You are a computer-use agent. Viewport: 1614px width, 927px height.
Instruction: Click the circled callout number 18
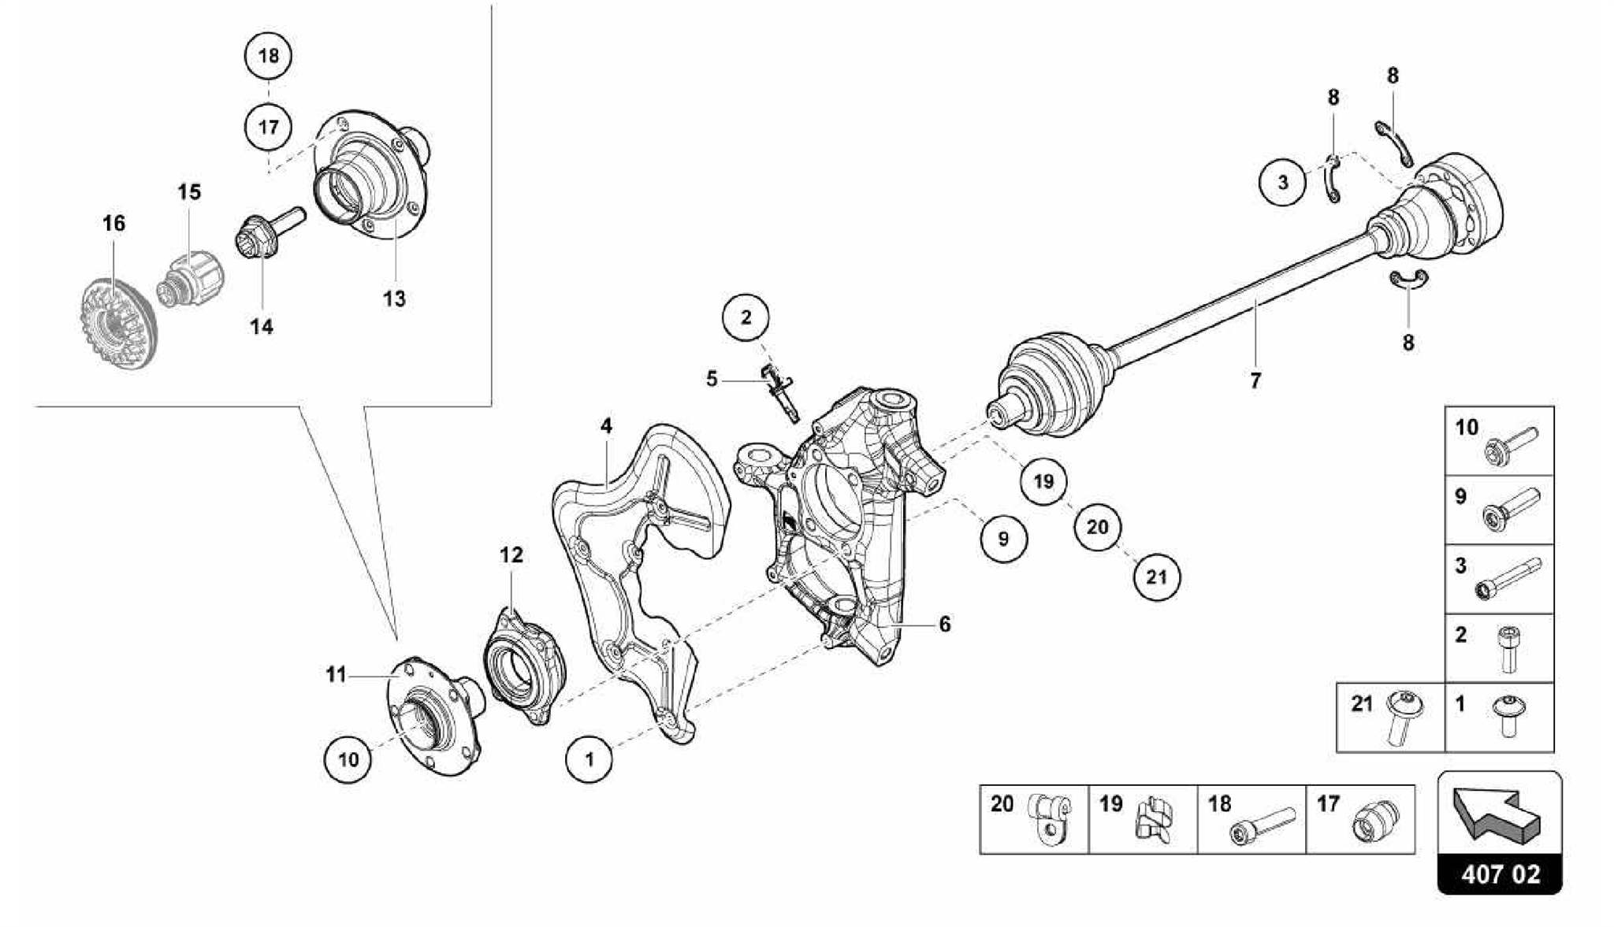[268, 55]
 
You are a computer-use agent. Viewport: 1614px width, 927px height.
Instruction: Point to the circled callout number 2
[746, 317]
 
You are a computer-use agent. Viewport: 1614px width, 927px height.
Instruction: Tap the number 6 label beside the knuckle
[944, 624]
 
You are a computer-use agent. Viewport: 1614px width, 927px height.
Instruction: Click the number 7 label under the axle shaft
[1255, 380]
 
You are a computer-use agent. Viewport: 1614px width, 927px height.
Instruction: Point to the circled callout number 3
[1282, 183]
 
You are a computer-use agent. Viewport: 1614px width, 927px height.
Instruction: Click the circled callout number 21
[1156, 577]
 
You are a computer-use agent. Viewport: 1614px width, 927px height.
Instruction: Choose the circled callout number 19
[1043, 480]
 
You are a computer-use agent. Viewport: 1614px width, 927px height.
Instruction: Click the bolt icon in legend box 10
[1510, 444]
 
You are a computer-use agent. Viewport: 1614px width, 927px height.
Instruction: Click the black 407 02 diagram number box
[1501, 875]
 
